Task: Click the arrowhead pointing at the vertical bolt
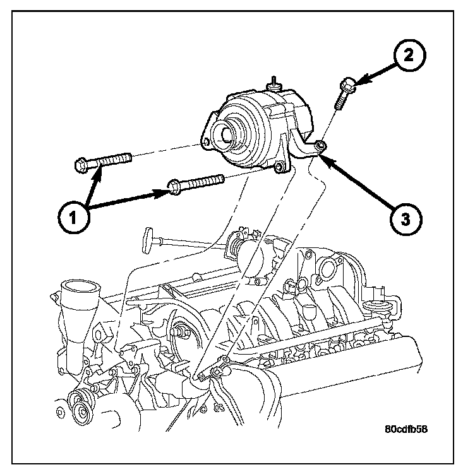(358, 80)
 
